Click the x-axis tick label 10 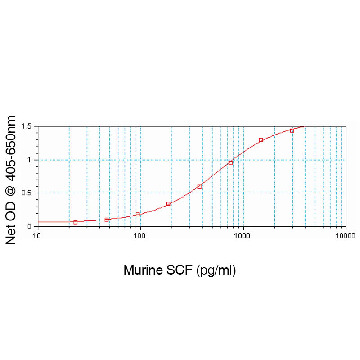tap(38, 235)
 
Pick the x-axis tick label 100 tap(140, 235)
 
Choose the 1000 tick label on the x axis tap(243, 235)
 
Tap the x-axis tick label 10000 tap(346, 235)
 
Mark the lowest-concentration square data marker tap(76, 222)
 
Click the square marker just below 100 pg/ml tap(138, 214)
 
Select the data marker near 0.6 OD tap(199, 186)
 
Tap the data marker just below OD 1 tap(230, 163)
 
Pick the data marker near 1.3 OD tap(261, 140)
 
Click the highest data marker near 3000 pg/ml tap(292, 130)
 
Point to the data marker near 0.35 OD tap(168, 204)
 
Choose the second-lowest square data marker tap(107, 220)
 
